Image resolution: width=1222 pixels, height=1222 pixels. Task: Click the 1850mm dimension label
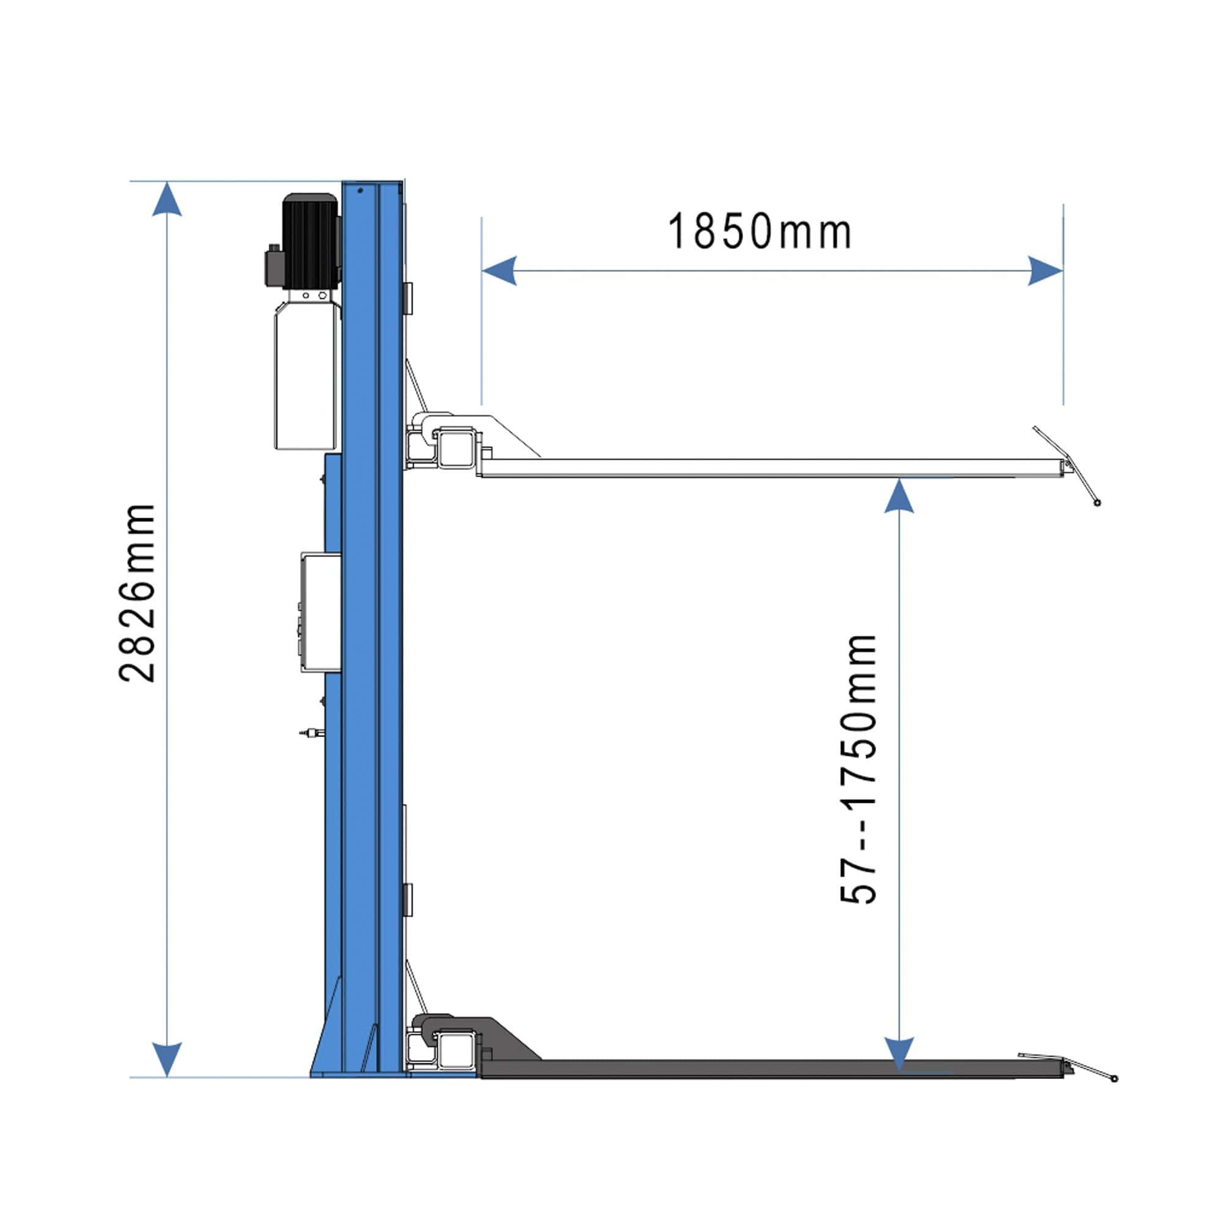[759, 232]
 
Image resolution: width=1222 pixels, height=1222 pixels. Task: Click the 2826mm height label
[137, 593]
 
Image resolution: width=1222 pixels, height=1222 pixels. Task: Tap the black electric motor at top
[309, 240]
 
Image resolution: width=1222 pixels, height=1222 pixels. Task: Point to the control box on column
[321, 612]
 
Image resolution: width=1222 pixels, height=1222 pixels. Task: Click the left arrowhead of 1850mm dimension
[499, 271]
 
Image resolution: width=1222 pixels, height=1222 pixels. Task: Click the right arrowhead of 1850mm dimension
[1045, 271]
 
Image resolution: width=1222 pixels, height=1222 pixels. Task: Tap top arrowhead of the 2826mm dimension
[167, 199]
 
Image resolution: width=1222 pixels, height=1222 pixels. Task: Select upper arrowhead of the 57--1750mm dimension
[899, 497]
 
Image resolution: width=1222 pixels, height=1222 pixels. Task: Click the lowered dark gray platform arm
[759, 1068]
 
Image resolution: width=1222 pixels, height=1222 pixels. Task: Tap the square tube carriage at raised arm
[456, 448]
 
